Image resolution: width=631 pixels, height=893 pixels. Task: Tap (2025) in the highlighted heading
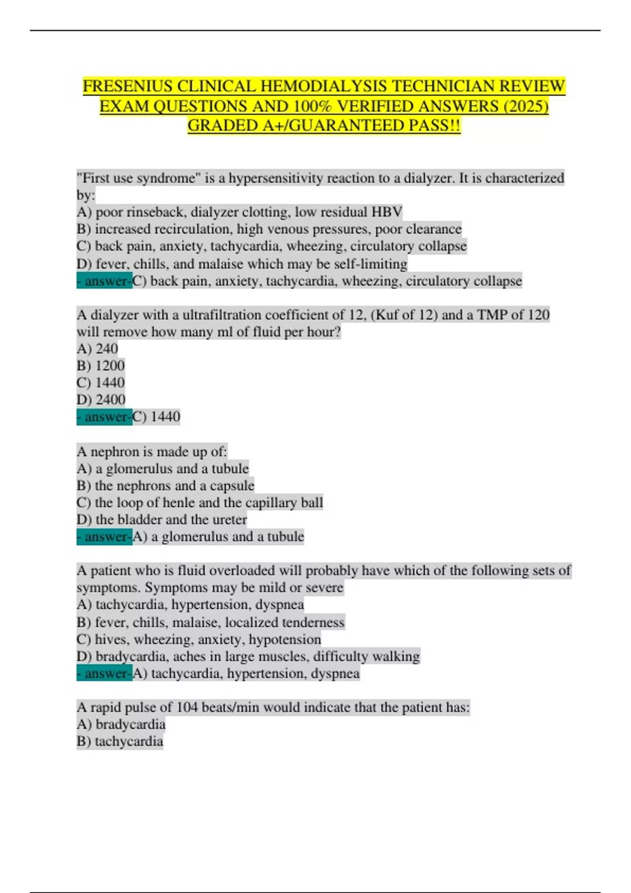525,106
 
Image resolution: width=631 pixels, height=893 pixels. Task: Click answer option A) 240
97,349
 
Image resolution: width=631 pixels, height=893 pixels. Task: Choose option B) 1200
100,366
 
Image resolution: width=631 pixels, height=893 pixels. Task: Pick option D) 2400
101,400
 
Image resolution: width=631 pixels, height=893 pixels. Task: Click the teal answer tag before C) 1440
104,417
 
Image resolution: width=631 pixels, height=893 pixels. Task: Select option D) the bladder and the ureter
161,520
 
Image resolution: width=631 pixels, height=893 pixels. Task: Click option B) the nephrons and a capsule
165,485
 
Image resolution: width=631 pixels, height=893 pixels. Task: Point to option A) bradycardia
121,724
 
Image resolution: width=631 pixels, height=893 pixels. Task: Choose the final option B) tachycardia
120,741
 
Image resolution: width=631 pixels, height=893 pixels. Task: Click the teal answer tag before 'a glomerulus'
104,537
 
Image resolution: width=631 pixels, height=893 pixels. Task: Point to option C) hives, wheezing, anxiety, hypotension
199,639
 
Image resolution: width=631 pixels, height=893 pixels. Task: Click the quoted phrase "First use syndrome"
138,179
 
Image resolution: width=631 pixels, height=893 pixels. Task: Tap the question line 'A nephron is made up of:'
152,452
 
